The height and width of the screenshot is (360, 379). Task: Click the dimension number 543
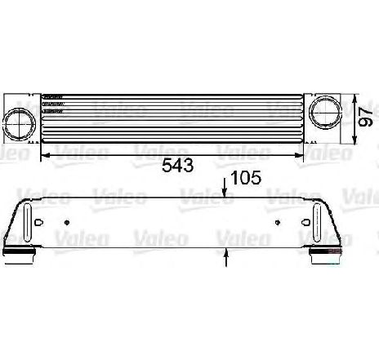(177, 165)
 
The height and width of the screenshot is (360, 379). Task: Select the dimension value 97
(365, 118)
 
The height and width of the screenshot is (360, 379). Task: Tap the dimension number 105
(246, 178)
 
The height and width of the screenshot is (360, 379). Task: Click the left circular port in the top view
(19, 124)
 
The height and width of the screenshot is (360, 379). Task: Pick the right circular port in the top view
(326, 112)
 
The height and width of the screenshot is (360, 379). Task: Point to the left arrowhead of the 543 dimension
(45, 155)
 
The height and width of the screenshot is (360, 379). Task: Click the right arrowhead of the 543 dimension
(299, 155)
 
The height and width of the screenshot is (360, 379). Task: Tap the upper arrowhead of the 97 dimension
(354, 99)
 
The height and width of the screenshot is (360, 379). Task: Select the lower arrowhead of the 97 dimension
(354, 139)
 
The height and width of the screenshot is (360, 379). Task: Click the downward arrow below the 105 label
(224, 188)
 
